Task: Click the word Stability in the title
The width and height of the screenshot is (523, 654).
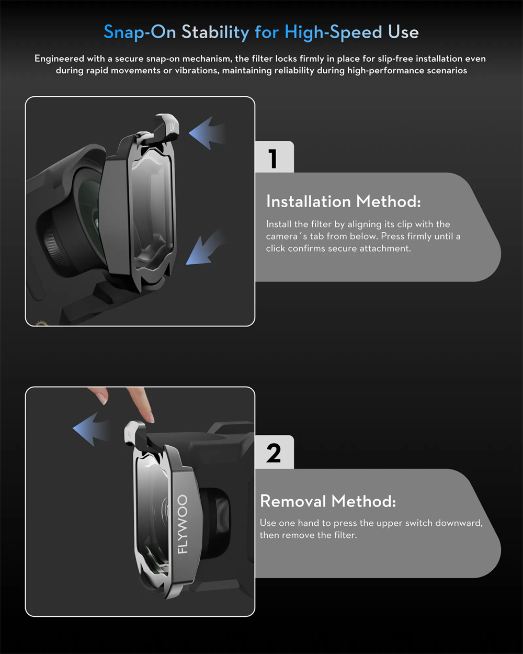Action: click(x=215, y=32)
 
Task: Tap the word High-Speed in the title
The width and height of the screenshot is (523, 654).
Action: click(x=333, y=32)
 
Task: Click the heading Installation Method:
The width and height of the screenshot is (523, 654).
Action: click(x=344, y=201)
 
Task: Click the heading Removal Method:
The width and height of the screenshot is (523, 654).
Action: click(x=328, y=501)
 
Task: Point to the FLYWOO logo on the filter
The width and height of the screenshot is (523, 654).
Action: click(x=183, y=524)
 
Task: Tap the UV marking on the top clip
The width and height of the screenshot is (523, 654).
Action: click(x=172, y=127)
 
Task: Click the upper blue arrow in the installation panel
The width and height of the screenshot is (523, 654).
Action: click(x=207, y=133)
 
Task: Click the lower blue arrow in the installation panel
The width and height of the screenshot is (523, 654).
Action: click(x=206, y=247)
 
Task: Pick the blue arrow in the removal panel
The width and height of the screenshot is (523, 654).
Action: click(x=90, y=429)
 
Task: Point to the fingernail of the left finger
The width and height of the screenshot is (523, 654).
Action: click(x=104, y=398)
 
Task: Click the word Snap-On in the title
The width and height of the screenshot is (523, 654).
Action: click(x=140, y=32)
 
